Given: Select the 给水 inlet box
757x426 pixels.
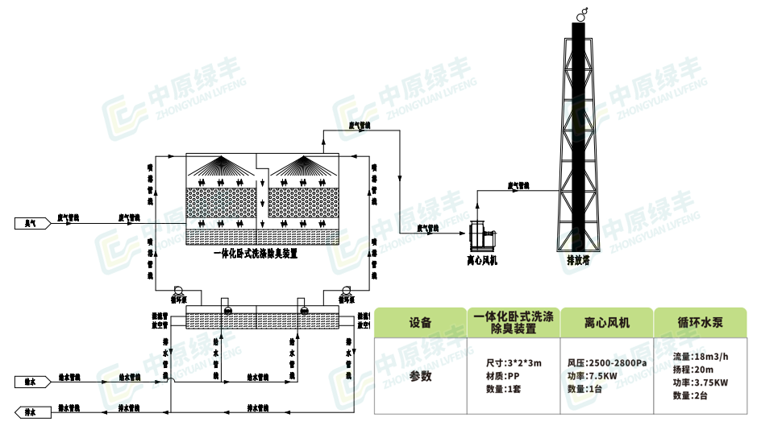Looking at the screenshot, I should click(x=31, y=378).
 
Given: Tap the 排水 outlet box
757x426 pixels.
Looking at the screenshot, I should click(x=30, y=412).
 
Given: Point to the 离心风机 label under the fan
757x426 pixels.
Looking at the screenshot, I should click(x=482, y=259).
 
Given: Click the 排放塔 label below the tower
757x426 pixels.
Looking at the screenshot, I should click(x=578, y=260).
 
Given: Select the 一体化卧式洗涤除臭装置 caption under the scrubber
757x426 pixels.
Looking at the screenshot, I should click(x=256, y=254).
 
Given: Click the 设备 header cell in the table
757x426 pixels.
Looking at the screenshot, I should click(x=420, y=323).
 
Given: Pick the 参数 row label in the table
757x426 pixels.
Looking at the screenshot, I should click(x=420, y=375).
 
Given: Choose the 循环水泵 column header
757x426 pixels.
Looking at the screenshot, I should click(x=701, y=323).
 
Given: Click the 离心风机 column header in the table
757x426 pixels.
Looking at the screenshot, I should click(x=606, y=323).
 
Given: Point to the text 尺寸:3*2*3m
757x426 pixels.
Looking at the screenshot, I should click(x=514, y=363).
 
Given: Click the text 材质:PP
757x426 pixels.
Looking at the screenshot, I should click(x=502, y=376).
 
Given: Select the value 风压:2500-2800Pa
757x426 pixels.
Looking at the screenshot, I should click(x=607, y=363).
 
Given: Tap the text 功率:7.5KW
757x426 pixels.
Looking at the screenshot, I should click(x=593, y=376).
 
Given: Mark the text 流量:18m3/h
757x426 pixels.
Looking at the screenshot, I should click(x=700, y=357).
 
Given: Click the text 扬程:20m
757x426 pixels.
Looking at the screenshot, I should click(x=691, y=370).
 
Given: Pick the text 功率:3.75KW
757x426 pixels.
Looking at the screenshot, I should click(x=701, y=383).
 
